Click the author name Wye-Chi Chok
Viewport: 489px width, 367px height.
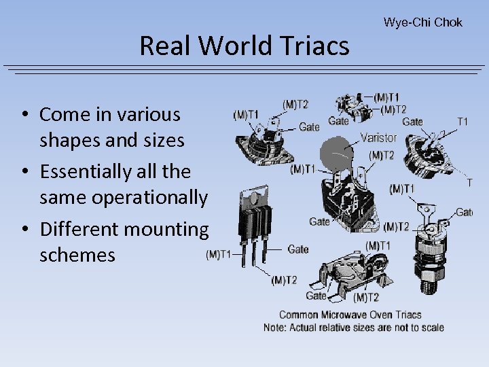pos(422,22)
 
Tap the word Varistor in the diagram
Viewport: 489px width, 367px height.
pos(378,137)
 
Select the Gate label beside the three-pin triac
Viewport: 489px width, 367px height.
pos(297,249)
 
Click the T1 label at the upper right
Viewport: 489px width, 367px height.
pos(463,122)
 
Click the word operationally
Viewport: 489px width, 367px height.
pos(124,198)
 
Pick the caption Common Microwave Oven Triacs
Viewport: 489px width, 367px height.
pos(350,315)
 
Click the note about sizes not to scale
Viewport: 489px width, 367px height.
pos(353,328)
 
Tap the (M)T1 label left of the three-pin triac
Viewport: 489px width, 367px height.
pos(217,255)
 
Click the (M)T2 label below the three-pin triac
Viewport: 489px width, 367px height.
pos(284,280)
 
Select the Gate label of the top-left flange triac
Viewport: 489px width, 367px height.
pos(309,127)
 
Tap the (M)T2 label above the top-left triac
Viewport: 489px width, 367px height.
pos(295,104)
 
